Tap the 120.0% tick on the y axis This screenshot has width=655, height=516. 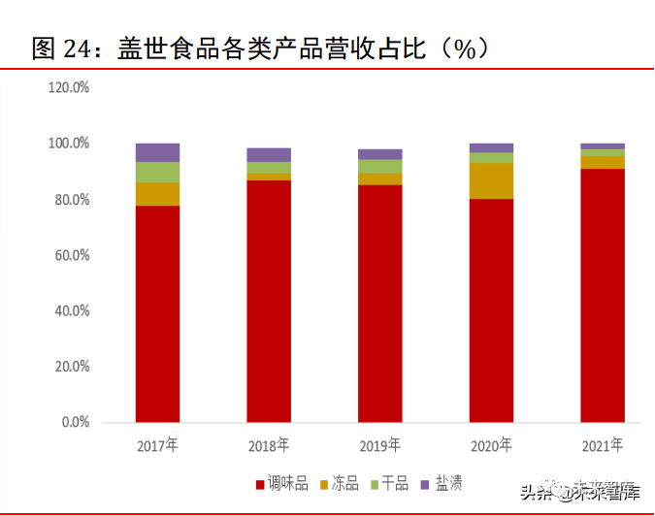[69, 88]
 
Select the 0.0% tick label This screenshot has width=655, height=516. [74, 424]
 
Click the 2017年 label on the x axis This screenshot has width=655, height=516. [157, 446]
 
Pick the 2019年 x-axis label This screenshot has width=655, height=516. [379, 446]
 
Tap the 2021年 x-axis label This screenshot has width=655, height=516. [603, 446]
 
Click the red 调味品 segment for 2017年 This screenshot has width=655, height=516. [157, 314]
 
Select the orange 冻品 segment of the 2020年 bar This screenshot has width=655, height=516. [491, 180]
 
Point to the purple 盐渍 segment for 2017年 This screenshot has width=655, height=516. [157, 152]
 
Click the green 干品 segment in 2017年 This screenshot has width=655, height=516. [157, 172]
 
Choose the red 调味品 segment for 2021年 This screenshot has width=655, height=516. [603, 296]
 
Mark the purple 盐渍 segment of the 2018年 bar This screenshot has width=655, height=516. [269, 154]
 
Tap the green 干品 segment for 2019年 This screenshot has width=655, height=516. [379, 166]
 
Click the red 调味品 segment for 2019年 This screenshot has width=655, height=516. [379, 304]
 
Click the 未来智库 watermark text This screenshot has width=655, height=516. [602, 493]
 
